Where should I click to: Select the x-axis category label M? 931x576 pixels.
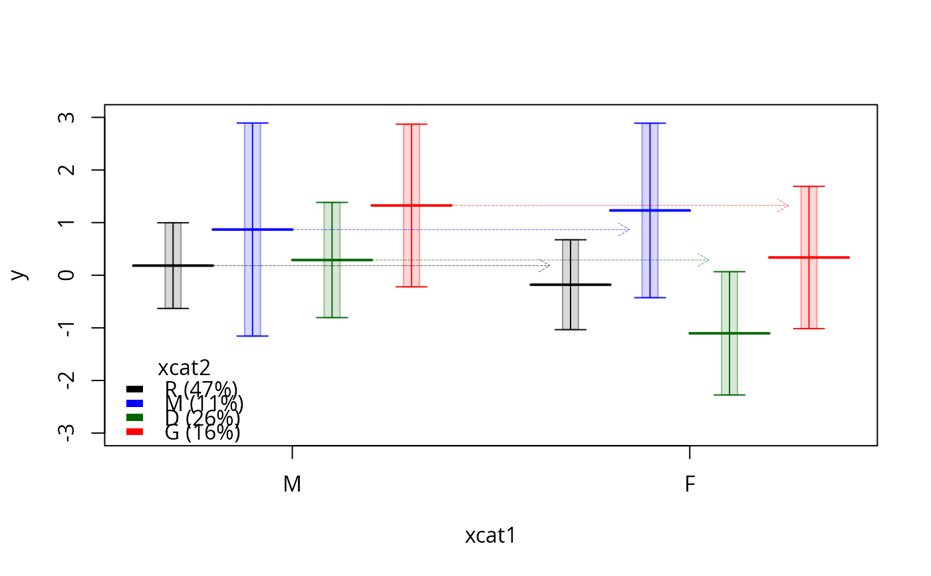293,484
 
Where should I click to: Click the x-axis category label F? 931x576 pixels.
690,484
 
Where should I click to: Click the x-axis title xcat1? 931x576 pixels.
491,536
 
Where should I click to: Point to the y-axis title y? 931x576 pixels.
20,275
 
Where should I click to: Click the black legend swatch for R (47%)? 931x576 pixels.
135,389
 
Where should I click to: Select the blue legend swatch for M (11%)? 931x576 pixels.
135,403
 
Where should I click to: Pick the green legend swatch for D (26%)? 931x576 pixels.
135,417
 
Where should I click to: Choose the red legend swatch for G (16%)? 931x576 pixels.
135,432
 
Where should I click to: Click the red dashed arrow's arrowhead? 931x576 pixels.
785,206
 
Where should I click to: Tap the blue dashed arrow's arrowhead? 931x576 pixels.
625,229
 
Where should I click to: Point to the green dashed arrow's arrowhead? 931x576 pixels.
705,260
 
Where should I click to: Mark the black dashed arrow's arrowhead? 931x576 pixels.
546,265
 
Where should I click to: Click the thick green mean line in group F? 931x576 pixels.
730,333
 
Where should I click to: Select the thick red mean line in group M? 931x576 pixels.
411,206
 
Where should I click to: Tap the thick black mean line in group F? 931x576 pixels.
571,285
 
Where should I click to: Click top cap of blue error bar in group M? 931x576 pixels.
252,123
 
